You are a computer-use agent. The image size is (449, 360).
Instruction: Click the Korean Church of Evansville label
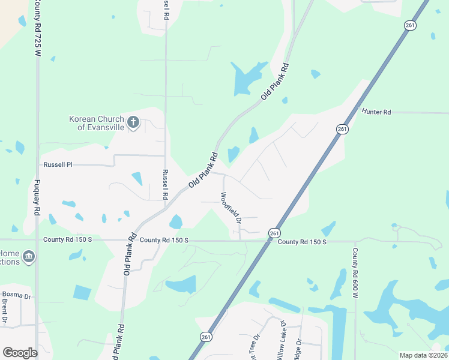pos(97,123)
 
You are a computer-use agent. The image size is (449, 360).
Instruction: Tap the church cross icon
pos(133,124)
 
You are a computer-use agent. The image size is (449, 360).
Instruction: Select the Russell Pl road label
pos(58,164)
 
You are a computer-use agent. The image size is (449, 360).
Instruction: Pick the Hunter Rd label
pos(376,112)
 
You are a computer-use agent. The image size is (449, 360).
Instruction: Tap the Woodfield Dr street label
pos(231,208)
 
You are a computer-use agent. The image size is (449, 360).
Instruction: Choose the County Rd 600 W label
pos(355,273)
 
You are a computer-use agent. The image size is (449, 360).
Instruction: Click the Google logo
pos(20,352)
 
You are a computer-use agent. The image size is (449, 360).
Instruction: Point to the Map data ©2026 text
pos(423,355)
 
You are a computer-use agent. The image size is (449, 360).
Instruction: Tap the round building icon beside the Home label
pos(28,258)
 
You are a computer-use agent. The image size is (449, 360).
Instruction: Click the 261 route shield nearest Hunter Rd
pos(342,129)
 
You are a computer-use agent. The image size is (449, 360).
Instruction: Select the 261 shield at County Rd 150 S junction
pos(274,233)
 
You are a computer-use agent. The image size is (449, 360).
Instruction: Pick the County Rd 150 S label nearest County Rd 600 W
pos(302,241)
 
